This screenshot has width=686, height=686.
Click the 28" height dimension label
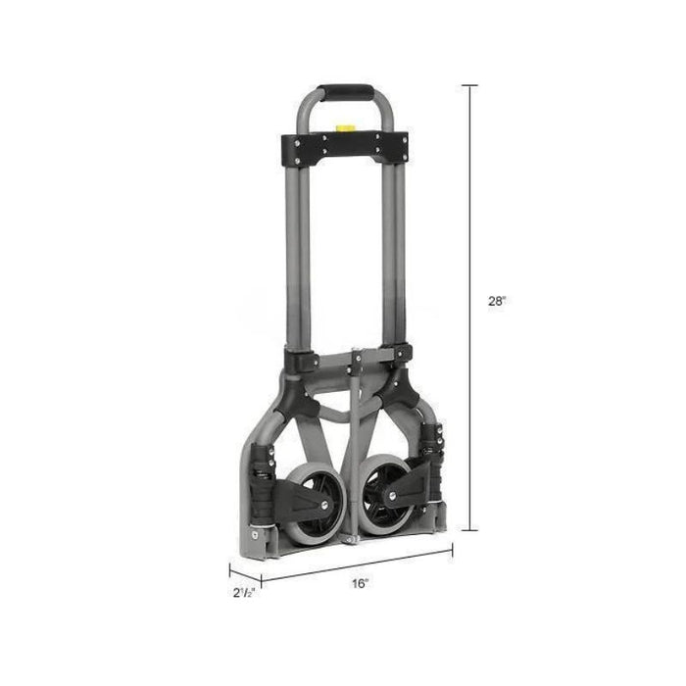[x=497, y=301]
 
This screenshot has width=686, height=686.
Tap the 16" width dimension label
[x=361, y=583]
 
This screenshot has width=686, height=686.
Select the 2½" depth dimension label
[x=244, y=593]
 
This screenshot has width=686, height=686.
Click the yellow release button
[x=344, y=128]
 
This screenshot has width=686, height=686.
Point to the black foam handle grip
[x=346, y=93]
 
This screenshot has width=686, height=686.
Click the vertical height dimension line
[x=470, y=308]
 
